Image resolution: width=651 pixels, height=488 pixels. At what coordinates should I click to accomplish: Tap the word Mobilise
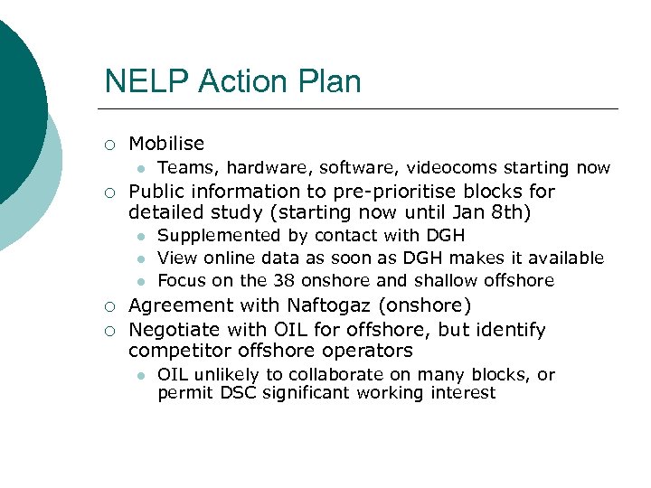166,144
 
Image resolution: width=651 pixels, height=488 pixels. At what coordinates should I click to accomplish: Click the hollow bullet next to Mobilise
108,145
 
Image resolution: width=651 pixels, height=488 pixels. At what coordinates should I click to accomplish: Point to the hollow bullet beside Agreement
108,306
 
